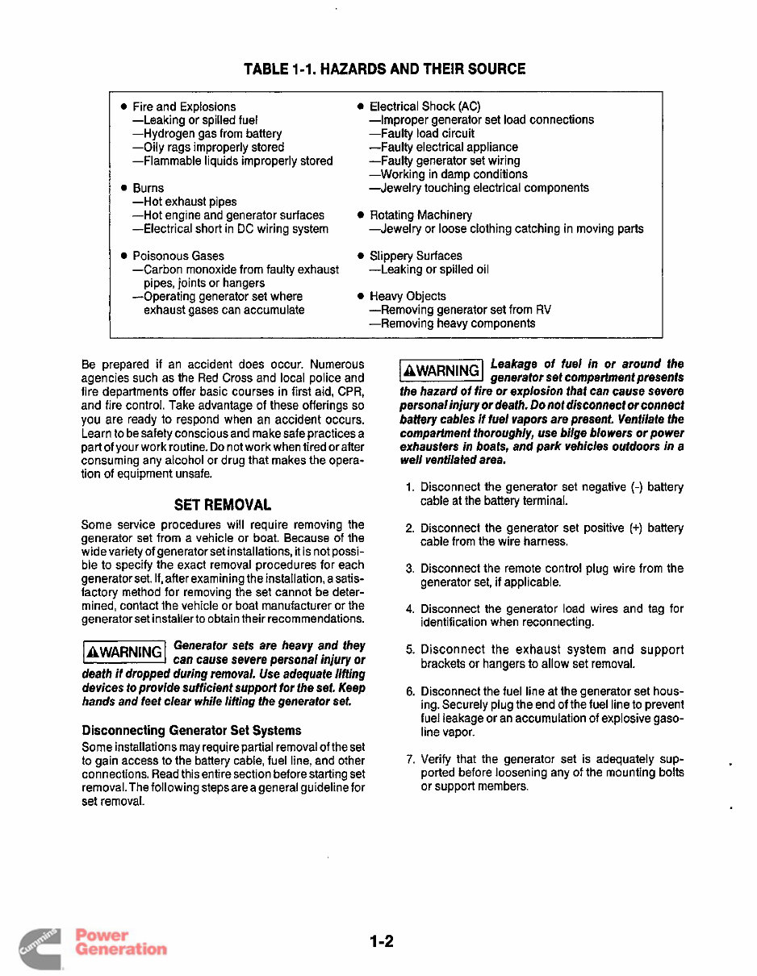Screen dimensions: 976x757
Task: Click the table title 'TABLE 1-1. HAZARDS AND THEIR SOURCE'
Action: (x=384, y=69)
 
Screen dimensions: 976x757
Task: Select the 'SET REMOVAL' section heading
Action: (x=223, y=506)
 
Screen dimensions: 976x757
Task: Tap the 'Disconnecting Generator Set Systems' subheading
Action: (x=191, y=730)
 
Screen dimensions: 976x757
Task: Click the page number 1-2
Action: (x=382, y=941)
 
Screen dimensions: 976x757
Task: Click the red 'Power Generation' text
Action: (x=120, y=942)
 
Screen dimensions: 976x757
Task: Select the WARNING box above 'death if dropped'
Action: (x=124, y=650)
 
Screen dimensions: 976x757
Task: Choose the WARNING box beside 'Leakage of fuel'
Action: (x=441, y=370)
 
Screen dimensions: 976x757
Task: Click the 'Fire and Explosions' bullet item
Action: (x=184, y=106)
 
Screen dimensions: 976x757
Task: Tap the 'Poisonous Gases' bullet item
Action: (x=178, y=256)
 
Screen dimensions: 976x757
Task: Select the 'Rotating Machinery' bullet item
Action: (x=420, y=215)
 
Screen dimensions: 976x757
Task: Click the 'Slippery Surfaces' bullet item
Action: (x=416, y=256)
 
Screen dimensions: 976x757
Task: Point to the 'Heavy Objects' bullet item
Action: (x=408, y=296)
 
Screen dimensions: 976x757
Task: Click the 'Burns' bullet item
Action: (x=148, y=188)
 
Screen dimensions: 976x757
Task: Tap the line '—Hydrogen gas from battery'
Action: (x=207, y=134)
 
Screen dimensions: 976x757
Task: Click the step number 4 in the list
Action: (x=410, y=609)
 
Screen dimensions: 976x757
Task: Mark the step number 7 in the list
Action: (x=410, y=759)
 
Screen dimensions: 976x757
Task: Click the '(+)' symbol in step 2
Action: (x=635, y=528)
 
